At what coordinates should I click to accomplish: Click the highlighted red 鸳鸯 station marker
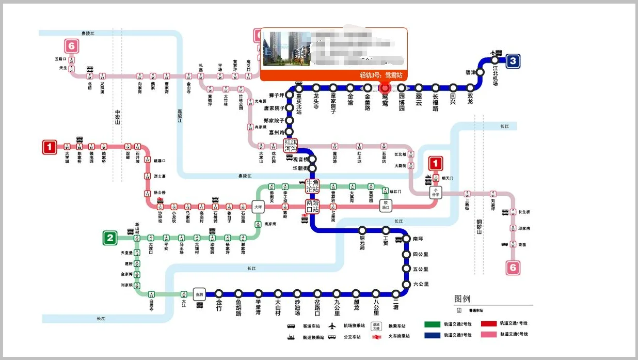tap(385, 88)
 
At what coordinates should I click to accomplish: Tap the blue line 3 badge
tap(512, 61)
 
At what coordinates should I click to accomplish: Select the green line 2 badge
tap(109, 238)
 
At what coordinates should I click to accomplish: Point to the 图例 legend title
tap(462, 299)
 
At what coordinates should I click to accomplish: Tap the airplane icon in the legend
tap(332, 326)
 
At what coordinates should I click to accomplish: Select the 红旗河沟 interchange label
tap(291, 145)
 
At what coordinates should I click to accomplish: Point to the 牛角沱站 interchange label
tap(312, 186)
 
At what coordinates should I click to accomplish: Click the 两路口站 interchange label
tap(312, 206)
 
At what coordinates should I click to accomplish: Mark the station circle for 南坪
tap(406, 239)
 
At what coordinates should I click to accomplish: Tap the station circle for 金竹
tap(219, 294)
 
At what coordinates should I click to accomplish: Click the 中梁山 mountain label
tap(118, 118)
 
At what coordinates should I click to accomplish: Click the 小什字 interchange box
tap(436, 192)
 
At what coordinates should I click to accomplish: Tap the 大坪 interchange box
tap(258, 207)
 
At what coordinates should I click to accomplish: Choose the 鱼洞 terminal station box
tap(199, 294)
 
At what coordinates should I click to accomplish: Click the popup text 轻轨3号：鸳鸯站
tap(380, 75)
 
